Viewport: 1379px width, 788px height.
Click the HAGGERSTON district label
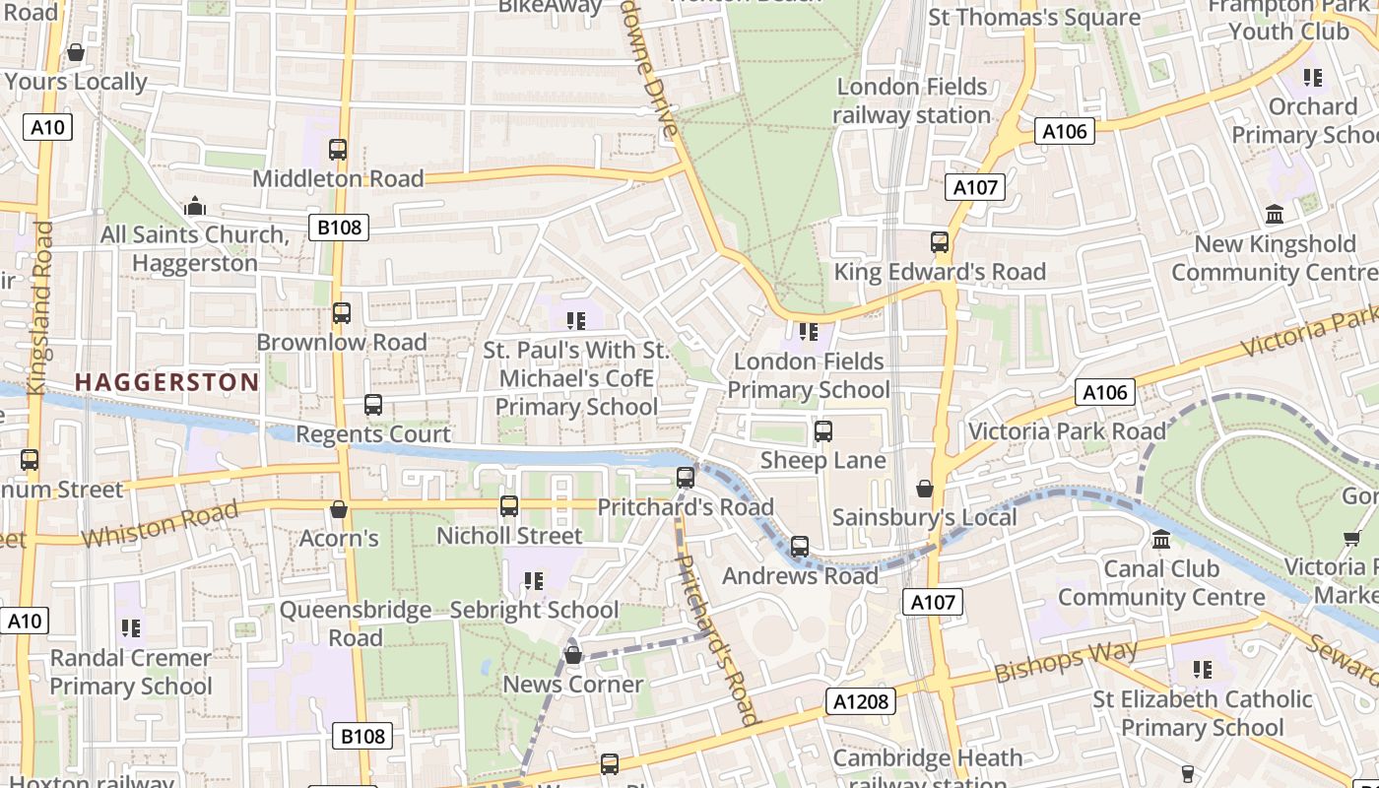point(166,382)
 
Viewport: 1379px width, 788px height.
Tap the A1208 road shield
point(861,701)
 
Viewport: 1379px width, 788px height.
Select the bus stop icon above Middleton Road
point(338,150)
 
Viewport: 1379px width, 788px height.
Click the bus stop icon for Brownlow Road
point(342,313)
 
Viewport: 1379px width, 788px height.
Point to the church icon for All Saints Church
point(195,206)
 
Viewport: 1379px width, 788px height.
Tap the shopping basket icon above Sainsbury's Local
point(925,488)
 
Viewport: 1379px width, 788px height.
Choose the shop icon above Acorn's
point(339,509)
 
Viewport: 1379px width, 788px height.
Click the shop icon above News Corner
point(573,655)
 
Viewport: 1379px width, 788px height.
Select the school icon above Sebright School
point(534,581)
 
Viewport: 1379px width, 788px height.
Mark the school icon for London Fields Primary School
point(809,332)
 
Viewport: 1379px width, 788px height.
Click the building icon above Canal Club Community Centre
point(1161,540)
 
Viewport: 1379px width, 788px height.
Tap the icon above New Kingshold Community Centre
point(1275,214)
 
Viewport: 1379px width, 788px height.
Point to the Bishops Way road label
point(1066,661)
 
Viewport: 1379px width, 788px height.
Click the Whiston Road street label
point(160,524)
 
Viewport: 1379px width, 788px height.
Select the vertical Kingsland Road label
point(41,307)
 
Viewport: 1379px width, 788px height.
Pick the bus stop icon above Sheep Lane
point(823,431)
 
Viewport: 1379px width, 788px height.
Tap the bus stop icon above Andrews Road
point(800,547)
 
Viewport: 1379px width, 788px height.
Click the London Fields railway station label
point(911,100)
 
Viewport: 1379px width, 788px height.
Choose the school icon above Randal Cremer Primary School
point(131,627)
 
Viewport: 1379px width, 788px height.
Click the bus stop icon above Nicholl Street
point(509,506)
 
